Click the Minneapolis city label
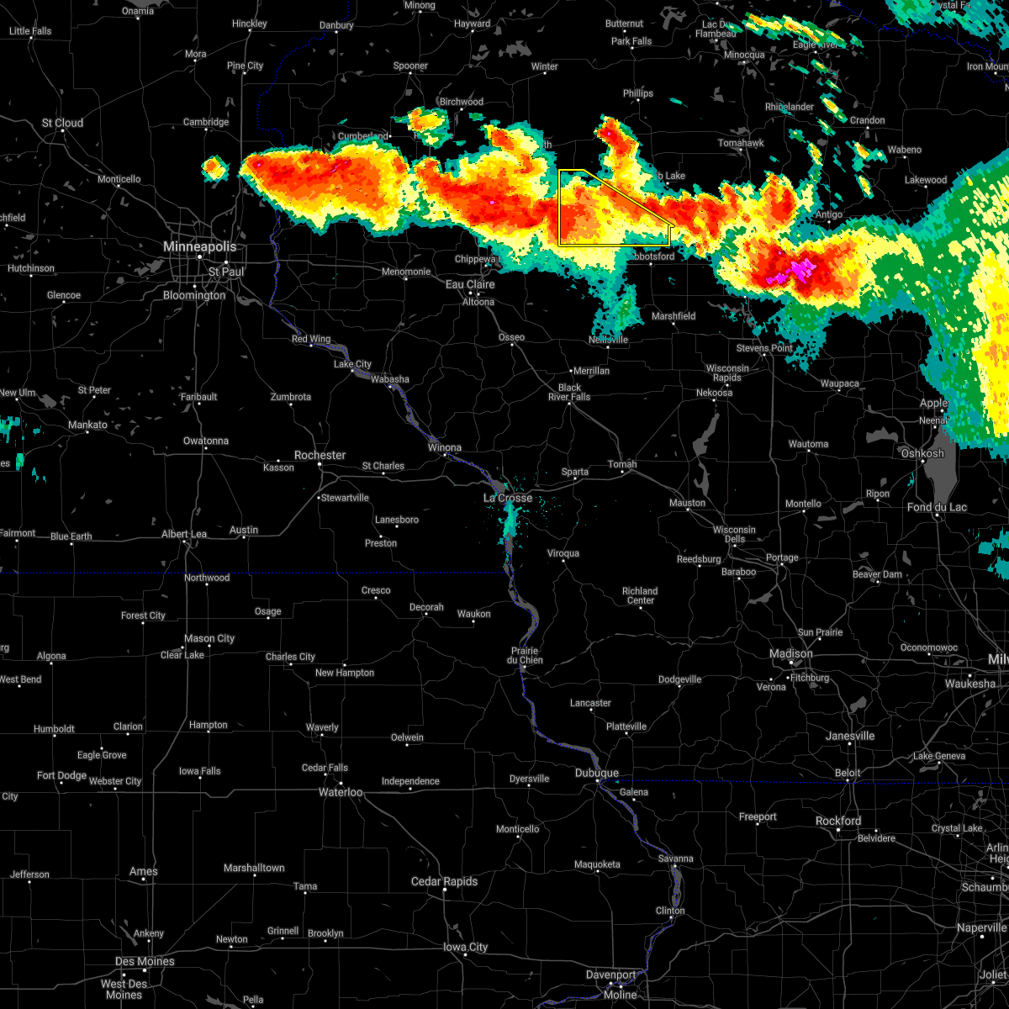[199, 247]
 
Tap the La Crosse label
[508, 498]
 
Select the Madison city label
[791, 653]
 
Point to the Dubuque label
[597, 773]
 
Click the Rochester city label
[320, 455]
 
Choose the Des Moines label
[145, 961]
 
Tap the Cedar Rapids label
[444, 881]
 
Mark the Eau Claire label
[470, 284]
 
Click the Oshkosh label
[922, 453]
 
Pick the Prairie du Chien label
[525, 655]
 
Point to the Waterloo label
[341, 792]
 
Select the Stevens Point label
[764, 347]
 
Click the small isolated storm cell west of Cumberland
[214, 169]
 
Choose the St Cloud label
[63, 123]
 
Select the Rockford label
[838, 821]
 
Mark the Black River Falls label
[569, 393]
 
